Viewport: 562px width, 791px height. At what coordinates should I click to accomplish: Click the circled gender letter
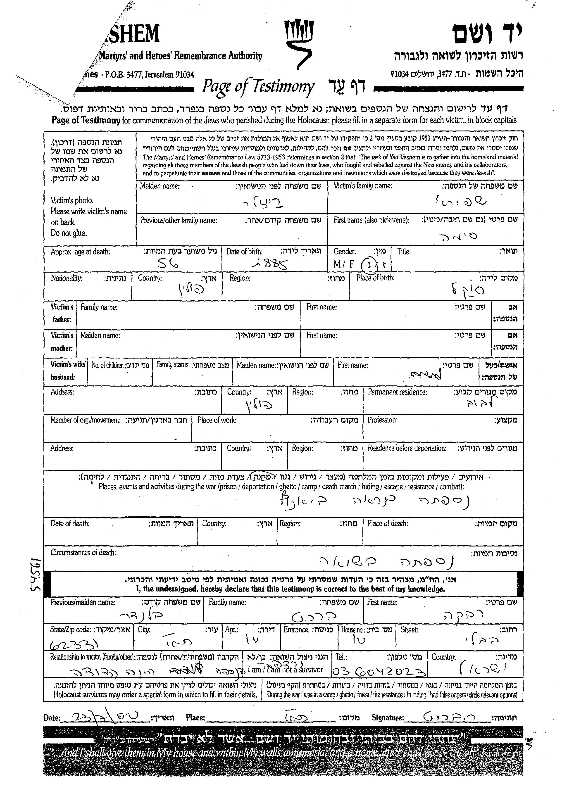point(367,265)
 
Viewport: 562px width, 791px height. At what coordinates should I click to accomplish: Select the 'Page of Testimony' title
point(258,86)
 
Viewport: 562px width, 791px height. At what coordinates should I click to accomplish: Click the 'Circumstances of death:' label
point(83,553)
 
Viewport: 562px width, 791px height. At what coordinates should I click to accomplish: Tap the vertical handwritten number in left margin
point(37,574)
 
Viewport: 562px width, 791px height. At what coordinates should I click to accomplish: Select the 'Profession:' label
point(382,420)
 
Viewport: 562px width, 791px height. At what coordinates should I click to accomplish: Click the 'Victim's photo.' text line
point(72,200)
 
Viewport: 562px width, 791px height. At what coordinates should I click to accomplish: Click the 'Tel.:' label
point(341,657)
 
